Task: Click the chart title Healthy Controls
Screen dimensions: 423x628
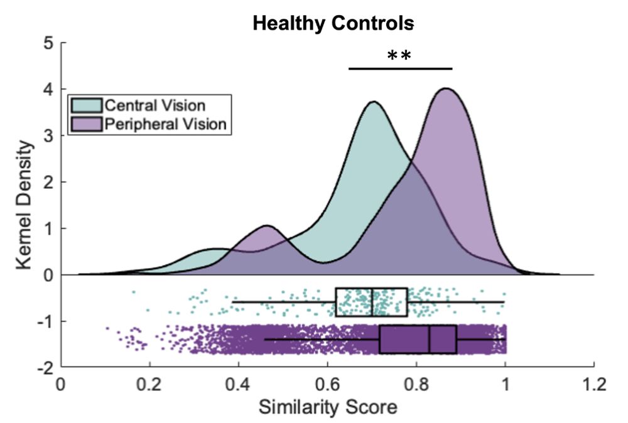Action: click(x=333, y=23)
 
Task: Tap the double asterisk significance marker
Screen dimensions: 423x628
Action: click(x=399, y=56)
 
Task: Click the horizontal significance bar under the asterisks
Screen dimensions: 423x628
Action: click(x=400, y=68)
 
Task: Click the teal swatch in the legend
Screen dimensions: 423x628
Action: click(x=85, y=104)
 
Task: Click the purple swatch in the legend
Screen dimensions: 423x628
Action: click(x=85, y=124)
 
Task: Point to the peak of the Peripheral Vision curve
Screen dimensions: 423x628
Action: click(x=446, y=89)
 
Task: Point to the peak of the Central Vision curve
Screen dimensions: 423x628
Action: click(x=374, y=102)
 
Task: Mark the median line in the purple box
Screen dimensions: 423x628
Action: click(x=430, y=339)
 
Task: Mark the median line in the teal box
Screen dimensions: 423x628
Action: click(x=372, y=302)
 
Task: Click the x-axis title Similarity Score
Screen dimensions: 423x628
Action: click(x=328, y=407)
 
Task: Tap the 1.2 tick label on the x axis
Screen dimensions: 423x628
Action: click(x=593, y=383)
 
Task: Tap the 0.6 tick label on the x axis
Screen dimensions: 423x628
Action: click(x=327, y=383)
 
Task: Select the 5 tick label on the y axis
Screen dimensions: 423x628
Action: click(x=49, y=43)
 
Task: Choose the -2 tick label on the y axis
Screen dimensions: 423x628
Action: click(x=45, y=368)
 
